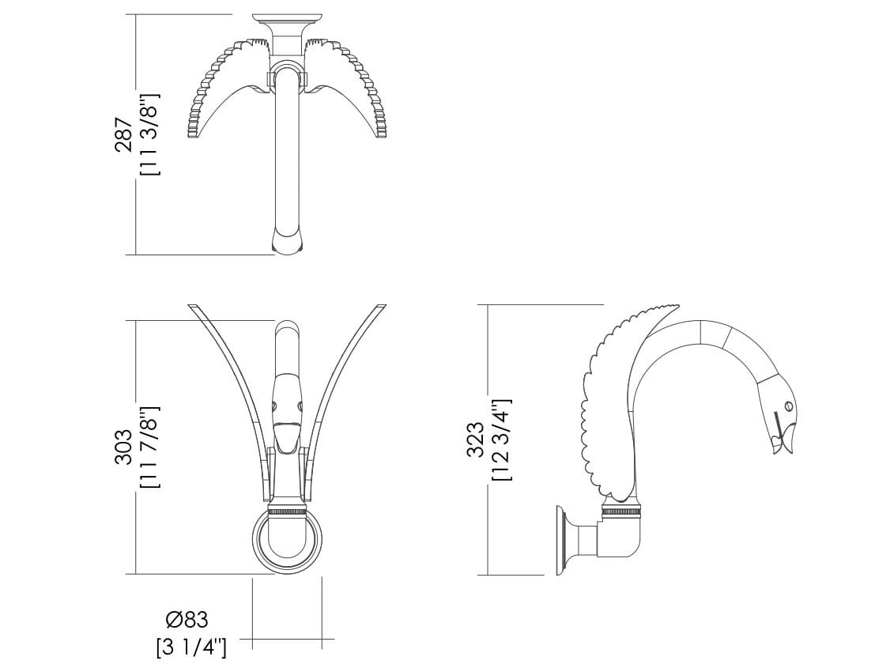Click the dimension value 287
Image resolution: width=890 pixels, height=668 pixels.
[x=124, y=135]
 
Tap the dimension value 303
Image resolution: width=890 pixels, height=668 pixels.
[x=124, y=447]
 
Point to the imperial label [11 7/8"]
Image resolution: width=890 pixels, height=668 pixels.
[x=150, y=447]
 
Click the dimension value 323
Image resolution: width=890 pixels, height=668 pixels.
[x=475, y=440]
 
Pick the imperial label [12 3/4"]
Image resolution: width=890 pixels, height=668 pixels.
[x=503, y=440]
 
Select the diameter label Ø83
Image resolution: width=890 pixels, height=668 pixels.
[x=188, y=619]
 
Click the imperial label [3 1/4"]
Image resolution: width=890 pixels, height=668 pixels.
[x=192, y=647]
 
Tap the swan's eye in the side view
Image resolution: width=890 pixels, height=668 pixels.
[x=788, y=406]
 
